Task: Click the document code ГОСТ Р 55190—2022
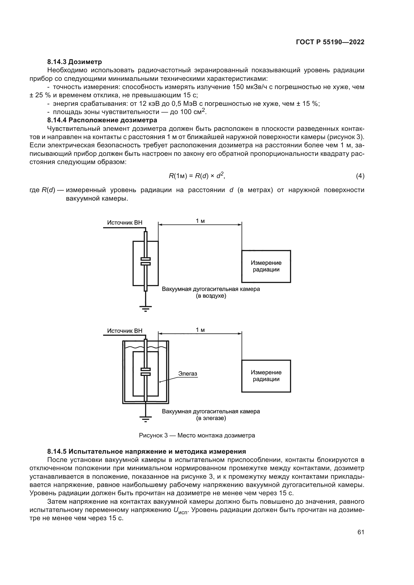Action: tap(330, 42)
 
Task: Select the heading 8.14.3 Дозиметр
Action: tap(74, 62)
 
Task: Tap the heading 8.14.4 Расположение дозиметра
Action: tap(102, 120)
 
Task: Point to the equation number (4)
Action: tap(360, 176)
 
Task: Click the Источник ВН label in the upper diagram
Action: tap(125, 222)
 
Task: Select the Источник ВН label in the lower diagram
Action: tap(125, 331)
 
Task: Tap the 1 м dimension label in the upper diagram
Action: tap(200, 221)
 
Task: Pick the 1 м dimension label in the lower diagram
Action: tap(200, 330)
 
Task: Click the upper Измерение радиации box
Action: tap(266, 266)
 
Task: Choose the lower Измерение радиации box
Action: tap(266, 376)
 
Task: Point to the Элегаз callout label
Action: tap(187, 373)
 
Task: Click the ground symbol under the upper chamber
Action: tap(146, 308)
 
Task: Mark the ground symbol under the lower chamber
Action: tap(146, 418)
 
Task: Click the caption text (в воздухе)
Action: tap(211, 296)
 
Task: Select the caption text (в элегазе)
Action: tap(211, 418)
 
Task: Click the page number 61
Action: tap(361, 532)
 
